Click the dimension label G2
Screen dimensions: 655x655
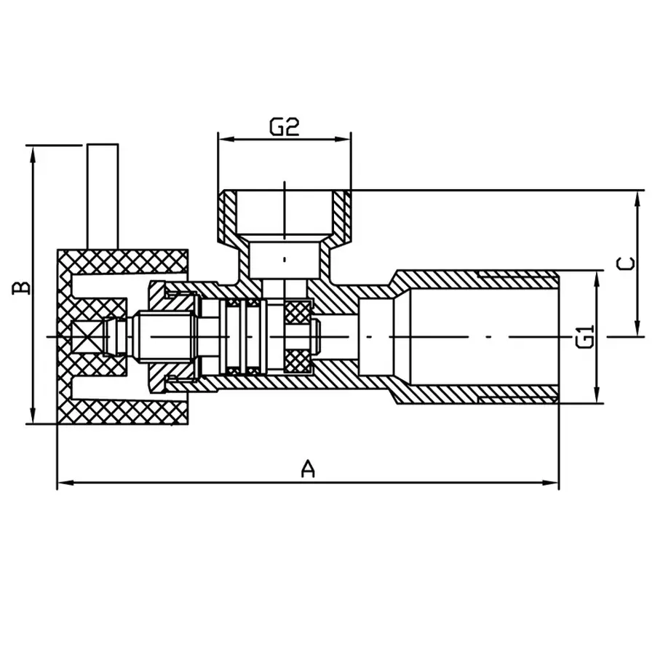click(x=285, y=128)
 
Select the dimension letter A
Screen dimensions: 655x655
click(x=309, y=469)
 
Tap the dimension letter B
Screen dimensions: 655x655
click(x=23, y=285)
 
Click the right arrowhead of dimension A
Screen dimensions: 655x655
click(x=554, y=482)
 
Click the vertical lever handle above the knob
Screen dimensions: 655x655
click(x=102, y=196)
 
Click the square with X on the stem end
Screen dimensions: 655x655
click(x=90, y=337)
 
